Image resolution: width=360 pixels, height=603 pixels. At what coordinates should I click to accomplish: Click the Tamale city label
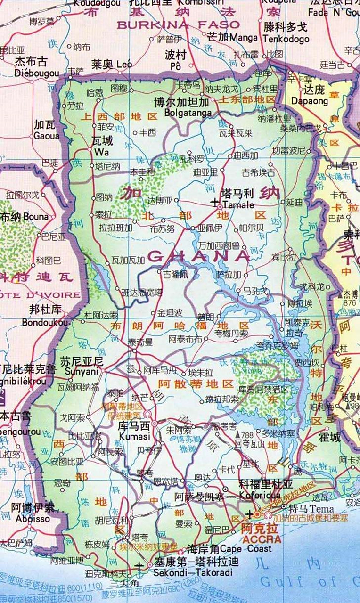pyautogui.click(x=238, y=205)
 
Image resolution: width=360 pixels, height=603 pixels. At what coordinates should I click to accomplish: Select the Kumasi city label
pyautogui.click(x=134, y=437)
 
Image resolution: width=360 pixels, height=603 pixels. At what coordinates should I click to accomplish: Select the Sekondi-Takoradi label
pyautogui.click(x=193, y=573)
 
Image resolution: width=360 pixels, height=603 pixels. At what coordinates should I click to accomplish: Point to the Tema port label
pyautogui.click(x=324, y=509)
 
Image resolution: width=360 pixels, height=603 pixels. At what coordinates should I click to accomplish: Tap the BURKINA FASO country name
pyautogui.click(x=179, y=24)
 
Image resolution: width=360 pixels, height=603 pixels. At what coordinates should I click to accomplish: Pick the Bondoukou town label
pyautogui.click(x=45, y=323)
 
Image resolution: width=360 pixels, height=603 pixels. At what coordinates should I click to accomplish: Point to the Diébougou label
pyautogui.click(x=37, y=73)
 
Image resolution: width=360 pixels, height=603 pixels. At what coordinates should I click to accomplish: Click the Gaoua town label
pyautogui.click(x=46, y=136)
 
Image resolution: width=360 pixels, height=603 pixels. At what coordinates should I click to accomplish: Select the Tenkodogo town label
pyautogui.click(x=286, y=39)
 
